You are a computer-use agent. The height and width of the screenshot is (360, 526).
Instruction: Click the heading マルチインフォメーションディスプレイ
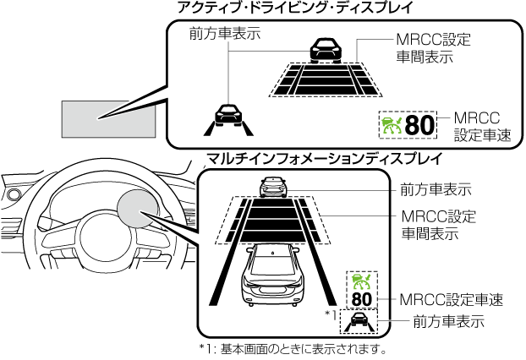tap(324, 158)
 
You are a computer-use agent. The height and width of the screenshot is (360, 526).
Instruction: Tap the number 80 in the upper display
tap(419, 126)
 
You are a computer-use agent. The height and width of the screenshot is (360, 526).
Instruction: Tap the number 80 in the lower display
tap(362, 298)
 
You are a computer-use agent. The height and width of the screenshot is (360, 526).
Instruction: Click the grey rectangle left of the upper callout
tap(109, 117)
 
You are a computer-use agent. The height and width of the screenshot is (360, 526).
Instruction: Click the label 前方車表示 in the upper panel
tap(225, 35)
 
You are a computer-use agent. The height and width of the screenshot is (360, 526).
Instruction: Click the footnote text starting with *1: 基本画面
tap(293, 348)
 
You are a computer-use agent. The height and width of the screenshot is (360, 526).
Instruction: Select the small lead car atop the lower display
tap(273, 186)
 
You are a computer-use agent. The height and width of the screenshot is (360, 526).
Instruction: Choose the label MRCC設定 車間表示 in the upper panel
tap(433, 49)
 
